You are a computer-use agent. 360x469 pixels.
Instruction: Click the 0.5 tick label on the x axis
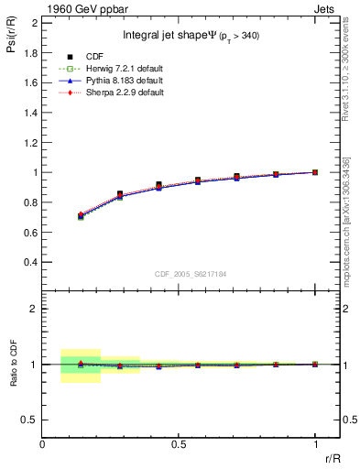click(179, 443)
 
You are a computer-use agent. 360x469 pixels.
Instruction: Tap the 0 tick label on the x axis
click(42, 443)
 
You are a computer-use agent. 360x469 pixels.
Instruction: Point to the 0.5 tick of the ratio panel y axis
click(32, 420)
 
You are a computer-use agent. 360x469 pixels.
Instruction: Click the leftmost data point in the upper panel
click(81, 216)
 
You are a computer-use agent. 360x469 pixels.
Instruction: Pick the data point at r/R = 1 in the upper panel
click(315, 172)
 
